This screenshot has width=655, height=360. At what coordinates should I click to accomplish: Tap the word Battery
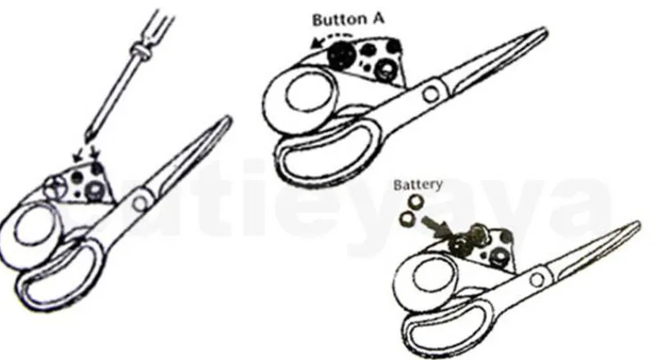(x=418, y=184)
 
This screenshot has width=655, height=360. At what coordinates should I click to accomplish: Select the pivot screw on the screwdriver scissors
(x=139, y=203)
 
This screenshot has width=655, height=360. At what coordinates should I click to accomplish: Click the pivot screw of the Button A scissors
(x=431, y=93)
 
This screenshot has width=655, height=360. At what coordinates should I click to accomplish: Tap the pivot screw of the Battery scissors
(x=537, y=279)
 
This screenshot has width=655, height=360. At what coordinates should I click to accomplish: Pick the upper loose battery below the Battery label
(x=416, y=202)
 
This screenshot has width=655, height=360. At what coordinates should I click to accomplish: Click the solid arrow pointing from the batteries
(x=436, y=226)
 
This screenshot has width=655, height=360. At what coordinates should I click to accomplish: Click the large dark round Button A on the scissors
(x=341, y=55)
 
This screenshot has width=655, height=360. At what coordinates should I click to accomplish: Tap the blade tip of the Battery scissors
(x=637, y=223)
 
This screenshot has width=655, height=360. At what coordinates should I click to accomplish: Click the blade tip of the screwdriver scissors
(x=229, y=118)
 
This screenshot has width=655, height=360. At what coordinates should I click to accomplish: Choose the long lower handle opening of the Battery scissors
(x=451, y=329)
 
